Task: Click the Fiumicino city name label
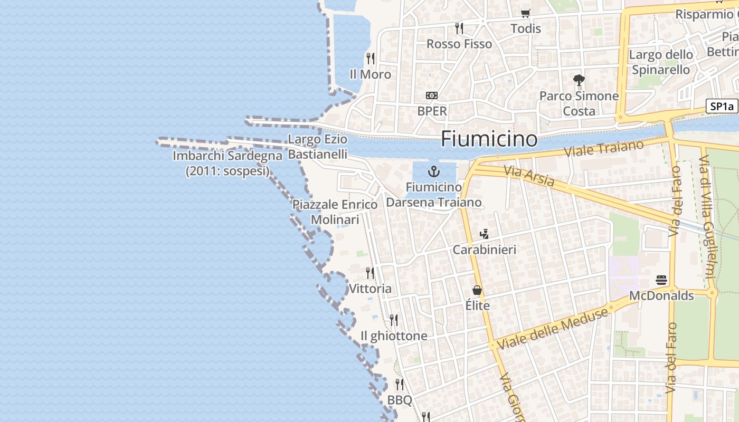489,139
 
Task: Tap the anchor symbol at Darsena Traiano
433,171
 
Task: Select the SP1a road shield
722,106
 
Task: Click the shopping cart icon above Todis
525,13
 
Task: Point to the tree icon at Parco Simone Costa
579,80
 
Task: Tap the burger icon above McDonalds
661,280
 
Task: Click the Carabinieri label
485,250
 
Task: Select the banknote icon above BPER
432,95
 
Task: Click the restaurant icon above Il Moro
371,58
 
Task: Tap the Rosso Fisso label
459,44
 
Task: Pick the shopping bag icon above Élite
477,290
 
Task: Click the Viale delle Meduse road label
552,328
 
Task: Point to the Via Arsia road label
528,177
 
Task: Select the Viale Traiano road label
604,148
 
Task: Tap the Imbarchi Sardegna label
228,164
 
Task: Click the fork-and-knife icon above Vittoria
370,273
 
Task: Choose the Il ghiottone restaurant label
394,336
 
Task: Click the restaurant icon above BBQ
400,384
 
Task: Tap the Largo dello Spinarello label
661,62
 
